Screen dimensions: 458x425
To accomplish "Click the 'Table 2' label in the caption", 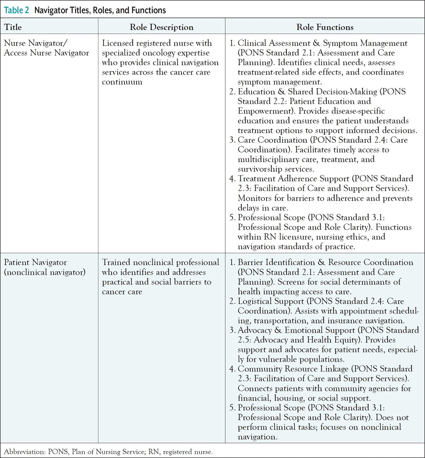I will (x=16, y=10).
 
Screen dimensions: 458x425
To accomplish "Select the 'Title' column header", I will (x=13, y=27).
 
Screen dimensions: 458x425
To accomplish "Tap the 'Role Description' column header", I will (x=161, y=27).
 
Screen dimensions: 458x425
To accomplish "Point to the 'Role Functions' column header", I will (x=325, y=27).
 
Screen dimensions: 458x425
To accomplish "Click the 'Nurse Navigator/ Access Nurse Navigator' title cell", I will (x=46, y=48).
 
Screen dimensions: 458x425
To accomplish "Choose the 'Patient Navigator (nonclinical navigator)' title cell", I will (x=44, y=267).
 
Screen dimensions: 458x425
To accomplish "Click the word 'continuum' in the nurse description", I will (x=122, y=82).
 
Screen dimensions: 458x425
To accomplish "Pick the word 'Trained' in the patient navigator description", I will (x=116, y=262).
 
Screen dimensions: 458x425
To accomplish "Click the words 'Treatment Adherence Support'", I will (x=293, y=179).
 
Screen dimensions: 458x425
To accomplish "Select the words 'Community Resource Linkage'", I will (x=293, y=369).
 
